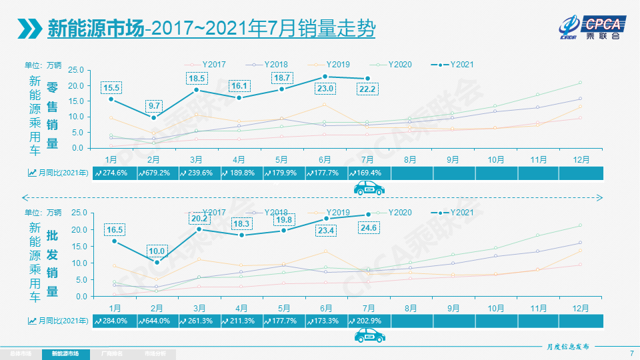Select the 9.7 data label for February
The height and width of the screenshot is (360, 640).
tap(154, 106)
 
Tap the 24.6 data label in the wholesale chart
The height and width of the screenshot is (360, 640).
tap(367, 229)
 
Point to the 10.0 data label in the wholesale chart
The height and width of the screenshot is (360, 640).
tap(156, 251)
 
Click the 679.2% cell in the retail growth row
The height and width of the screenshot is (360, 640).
tap(156, 173)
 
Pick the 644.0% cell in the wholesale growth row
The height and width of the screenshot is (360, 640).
tap(156, 321)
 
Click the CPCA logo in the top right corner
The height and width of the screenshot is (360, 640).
tap(591, 27)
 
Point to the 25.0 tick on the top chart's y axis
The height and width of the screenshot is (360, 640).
tap(75, 70)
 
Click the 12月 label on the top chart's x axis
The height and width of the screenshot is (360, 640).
tap(581, 160)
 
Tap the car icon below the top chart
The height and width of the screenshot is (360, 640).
tap(369, 189)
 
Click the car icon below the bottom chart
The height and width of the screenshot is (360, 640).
tap(369, 336)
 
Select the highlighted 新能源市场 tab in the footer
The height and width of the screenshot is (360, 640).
tap(65, 353)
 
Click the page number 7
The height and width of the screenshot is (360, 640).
tap(631, 353)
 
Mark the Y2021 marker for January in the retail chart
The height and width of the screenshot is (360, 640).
tap(111, 99)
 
